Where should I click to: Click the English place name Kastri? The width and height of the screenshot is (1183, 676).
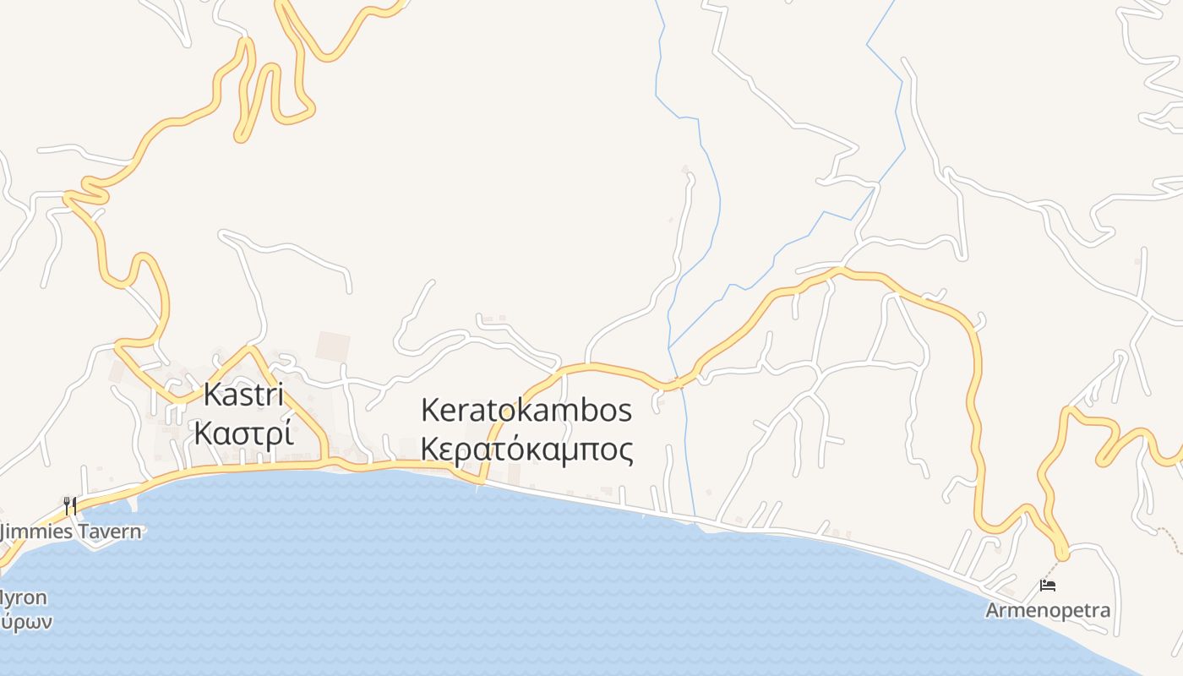(243, 395)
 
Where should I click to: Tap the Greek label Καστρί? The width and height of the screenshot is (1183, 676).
(243, 433)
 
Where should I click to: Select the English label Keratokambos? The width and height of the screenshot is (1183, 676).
(526, 411)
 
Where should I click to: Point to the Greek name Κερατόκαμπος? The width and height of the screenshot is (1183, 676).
(526, 450)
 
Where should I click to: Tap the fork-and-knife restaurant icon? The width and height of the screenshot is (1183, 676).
(70, 505)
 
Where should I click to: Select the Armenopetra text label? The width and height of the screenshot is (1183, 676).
(1048, 609)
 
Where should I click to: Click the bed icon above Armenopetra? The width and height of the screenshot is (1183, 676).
(1048, 585)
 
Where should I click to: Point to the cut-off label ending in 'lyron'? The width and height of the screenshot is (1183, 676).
(23, 597)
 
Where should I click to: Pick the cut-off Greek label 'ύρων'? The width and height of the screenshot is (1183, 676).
(25, 623)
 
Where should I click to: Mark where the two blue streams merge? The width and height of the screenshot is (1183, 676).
(669, 347)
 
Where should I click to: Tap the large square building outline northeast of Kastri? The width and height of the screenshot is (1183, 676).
(332, 346)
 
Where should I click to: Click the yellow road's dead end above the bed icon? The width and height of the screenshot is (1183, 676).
(1063, 554)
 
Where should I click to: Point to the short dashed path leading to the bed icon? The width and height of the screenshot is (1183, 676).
(1055, 566)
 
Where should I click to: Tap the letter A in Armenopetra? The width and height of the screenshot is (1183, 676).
(993, 609)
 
